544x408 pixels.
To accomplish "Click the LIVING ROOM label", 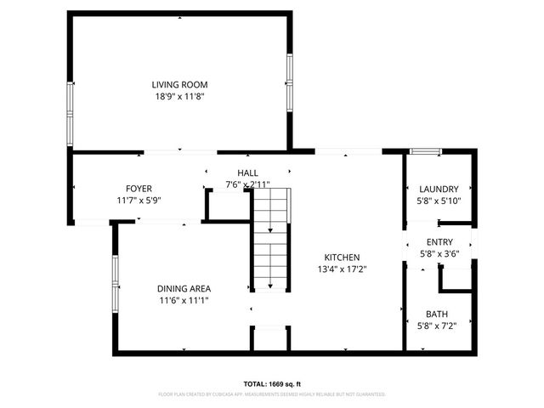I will click(x=179, y=85).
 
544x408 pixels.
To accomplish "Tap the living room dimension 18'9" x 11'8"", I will click(x=179, y=97).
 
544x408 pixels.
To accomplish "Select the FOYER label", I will click(x=139, y=189).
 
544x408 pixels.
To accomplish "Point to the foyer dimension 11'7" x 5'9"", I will click(x=139, y=201).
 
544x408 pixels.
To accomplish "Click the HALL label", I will click(x=247, y=173).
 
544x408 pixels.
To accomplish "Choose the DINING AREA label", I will click(x=184, y=288).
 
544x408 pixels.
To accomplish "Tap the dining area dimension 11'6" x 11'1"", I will click(x=184, y=300).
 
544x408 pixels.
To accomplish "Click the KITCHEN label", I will click(x=343, y=258).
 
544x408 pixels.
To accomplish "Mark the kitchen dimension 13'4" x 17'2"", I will click(x=343, y=269).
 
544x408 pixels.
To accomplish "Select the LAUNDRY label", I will click(x=439, y=189).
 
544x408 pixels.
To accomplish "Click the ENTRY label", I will click(x=439, y=242).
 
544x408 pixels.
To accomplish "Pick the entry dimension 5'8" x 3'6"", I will click(x=439, y=254).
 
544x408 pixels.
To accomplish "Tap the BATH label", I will click(x=439, y=314).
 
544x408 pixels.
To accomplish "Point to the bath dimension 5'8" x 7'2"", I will click(x=439, y=326).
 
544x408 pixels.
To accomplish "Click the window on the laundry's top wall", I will click(x=425, y=151).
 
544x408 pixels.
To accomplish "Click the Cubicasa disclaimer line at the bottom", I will click(x=272, y=394).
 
